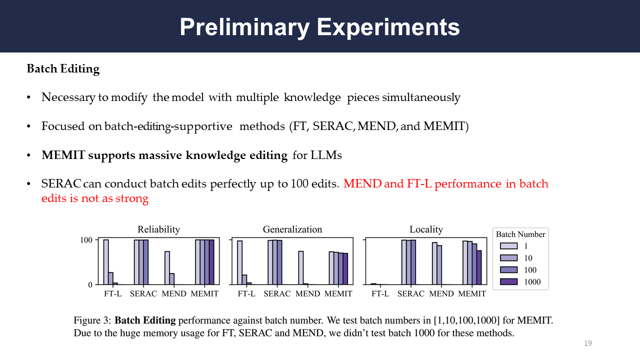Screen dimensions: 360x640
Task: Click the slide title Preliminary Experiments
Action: pyautogui.click(x=319, y=26)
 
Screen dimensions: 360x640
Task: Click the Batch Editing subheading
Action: pyautogui.click(x=63, y=69)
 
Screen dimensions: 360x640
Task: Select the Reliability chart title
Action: pyautogui.click(x=158, y=229)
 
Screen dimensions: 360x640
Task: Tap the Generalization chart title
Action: pyautogui.click(x=292, y=229)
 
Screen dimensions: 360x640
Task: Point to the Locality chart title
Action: pyautogui.click(x=426, y=229)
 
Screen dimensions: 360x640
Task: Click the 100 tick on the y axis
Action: pyautogui.click(x=86, y=240)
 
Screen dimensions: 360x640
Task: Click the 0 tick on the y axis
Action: pyautogui.click(x=90, y=285)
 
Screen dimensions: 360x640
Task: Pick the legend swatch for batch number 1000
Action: pyautogui.click(x=508, y=282)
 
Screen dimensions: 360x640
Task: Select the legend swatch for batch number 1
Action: pyautogui.click(x=508, y=246)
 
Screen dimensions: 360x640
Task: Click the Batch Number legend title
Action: pyautogui.click(x=520, y=234)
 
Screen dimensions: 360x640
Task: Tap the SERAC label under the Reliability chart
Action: pyautogui.click(x=143, y=294)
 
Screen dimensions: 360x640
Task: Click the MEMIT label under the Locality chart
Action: pyautogui.click(x=472, y=294)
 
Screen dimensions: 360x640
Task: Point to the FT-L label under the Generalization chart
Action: pyautogui.click(x=246, y=294)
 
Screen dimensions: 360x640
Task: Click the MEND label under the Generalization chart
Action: pyautogui.click(x=307, y=294)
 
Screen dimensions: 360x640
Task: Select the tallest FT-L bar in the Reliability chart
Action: pyautogui.click(x=106, y=262)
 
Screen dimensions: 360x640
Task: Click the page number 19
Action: pyautogui.click(x=588, y=343)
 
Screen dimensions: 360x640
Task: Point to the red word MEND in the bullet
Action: pyautogui.click(x=362, y=184)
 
